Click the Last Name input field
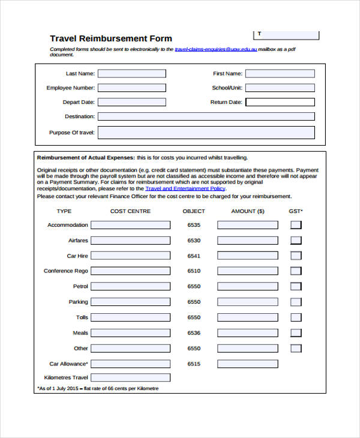[131, 74]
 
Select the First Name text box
[280, 74]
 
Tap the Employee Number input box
[131, 88]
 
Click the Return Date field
[280, 102]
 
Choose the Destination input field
[206, 116]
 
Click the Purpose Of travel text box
[206, 133]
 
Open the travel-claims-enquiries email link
[215, 49]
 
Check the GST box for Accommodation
[296, 225]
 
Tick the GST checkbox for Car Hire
[296, 256]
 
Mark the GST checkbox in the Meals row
[296, 333]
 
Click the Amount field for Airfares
[247, 241]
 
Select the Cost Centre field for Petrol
[130, 287]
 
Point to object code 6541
[194, 256]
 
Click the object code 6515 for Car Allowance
[194, 364]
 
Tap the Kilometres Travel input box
[130, 378]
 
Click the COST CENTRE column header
[130, 211]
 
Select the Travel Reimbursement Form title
[110, 38]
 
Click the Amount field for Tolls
[247, 317]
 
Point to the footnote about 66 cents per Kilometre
[98, 389]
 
